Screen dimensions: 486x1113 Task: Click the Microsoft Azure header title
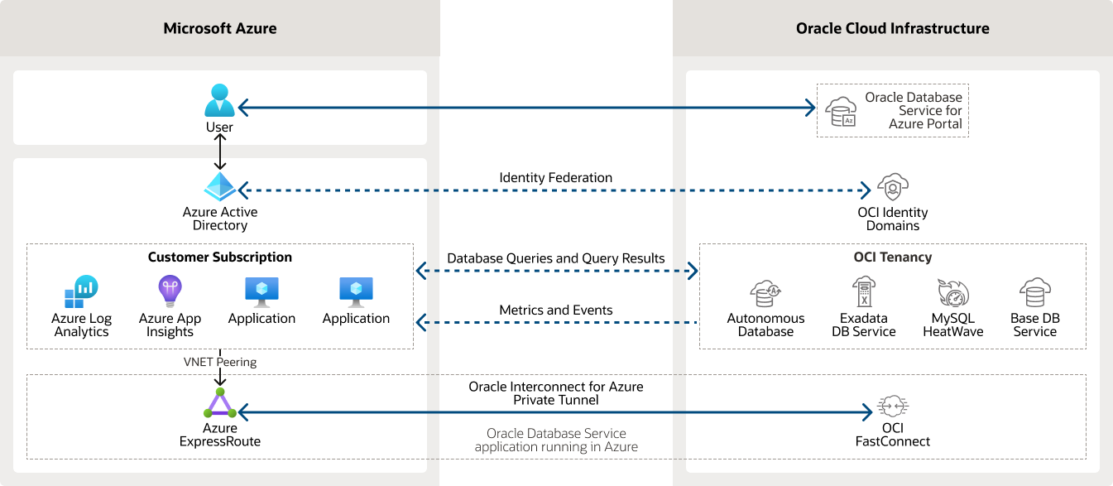tap(220, 28)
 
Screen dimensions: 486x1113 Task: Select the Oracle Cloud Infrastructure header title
tap(892, 28)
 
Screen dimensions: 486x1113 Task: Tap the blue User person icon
tap(220, 101)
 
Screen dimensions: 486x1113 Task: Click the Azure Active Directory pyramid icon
tap(220, 187)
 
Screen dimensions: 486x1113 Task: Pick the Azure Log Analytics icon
tap(81, 291)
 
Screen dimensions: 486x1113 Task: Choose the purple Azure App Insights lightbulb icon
tap(170, 291)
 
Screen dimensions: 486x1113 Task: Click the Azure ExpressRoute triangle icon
tap(220, 405)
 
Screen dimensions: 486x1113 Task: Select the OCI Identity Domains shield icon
tap(893, 189)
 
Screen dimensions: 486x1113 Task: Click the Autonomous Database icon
tap(765, 293)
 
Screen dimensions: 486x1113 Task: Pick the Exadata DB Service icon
tap(863, 292)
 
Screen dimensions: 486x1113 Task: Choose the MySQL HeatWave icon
tap(952, 293)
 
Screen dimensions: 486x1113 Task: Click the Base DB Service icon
tap(1034, 292)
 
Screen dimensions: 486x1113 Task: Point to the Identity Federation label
tap(555, 178)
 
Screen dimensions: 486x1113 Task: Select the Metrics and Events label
tap(555, 310)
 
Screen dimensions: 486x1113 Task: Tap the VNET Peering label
tap(220, 362)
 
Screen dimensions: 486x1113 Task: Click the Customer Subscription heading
tap(220, 257)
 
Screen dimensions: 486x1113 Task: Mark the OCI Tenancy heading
tap(892, 257)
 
